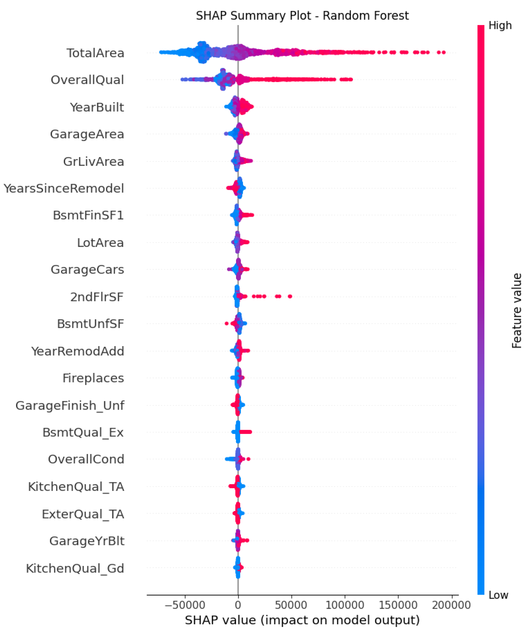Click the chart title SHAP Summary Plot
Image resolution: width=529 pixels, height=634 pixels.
tap(302, 16)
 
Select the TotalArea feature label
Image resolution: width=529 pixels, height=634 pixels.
tap(95, 53)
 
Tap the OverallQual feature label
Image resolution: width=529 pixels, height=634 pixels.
tap(88, 80)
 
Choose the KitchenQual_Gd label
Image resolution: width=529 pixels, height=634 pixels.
tap(75, 569)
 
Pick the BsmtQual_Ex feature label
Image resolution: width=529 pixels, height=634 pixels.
tap(83, 432)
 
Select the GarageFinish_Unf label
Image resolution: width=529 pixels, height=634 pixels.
tap(70, 405)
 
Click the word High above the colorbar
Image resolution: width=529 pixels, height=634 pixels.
tap(500, 25)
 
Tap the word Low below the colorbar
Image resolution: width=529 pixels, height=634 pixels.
tap(498, 595)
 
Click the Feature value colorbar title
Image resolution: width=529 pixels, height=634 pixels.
tap(517, 311)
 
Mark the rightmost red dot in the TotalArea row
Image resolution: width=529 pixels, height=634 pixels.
tap(444, 53)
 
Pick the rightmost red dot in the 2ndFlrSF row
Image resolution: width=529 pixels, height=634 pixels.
tap(290, 296)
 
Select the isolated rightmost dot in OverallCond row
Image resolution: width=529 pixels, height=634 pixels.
tap(248, 459)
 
